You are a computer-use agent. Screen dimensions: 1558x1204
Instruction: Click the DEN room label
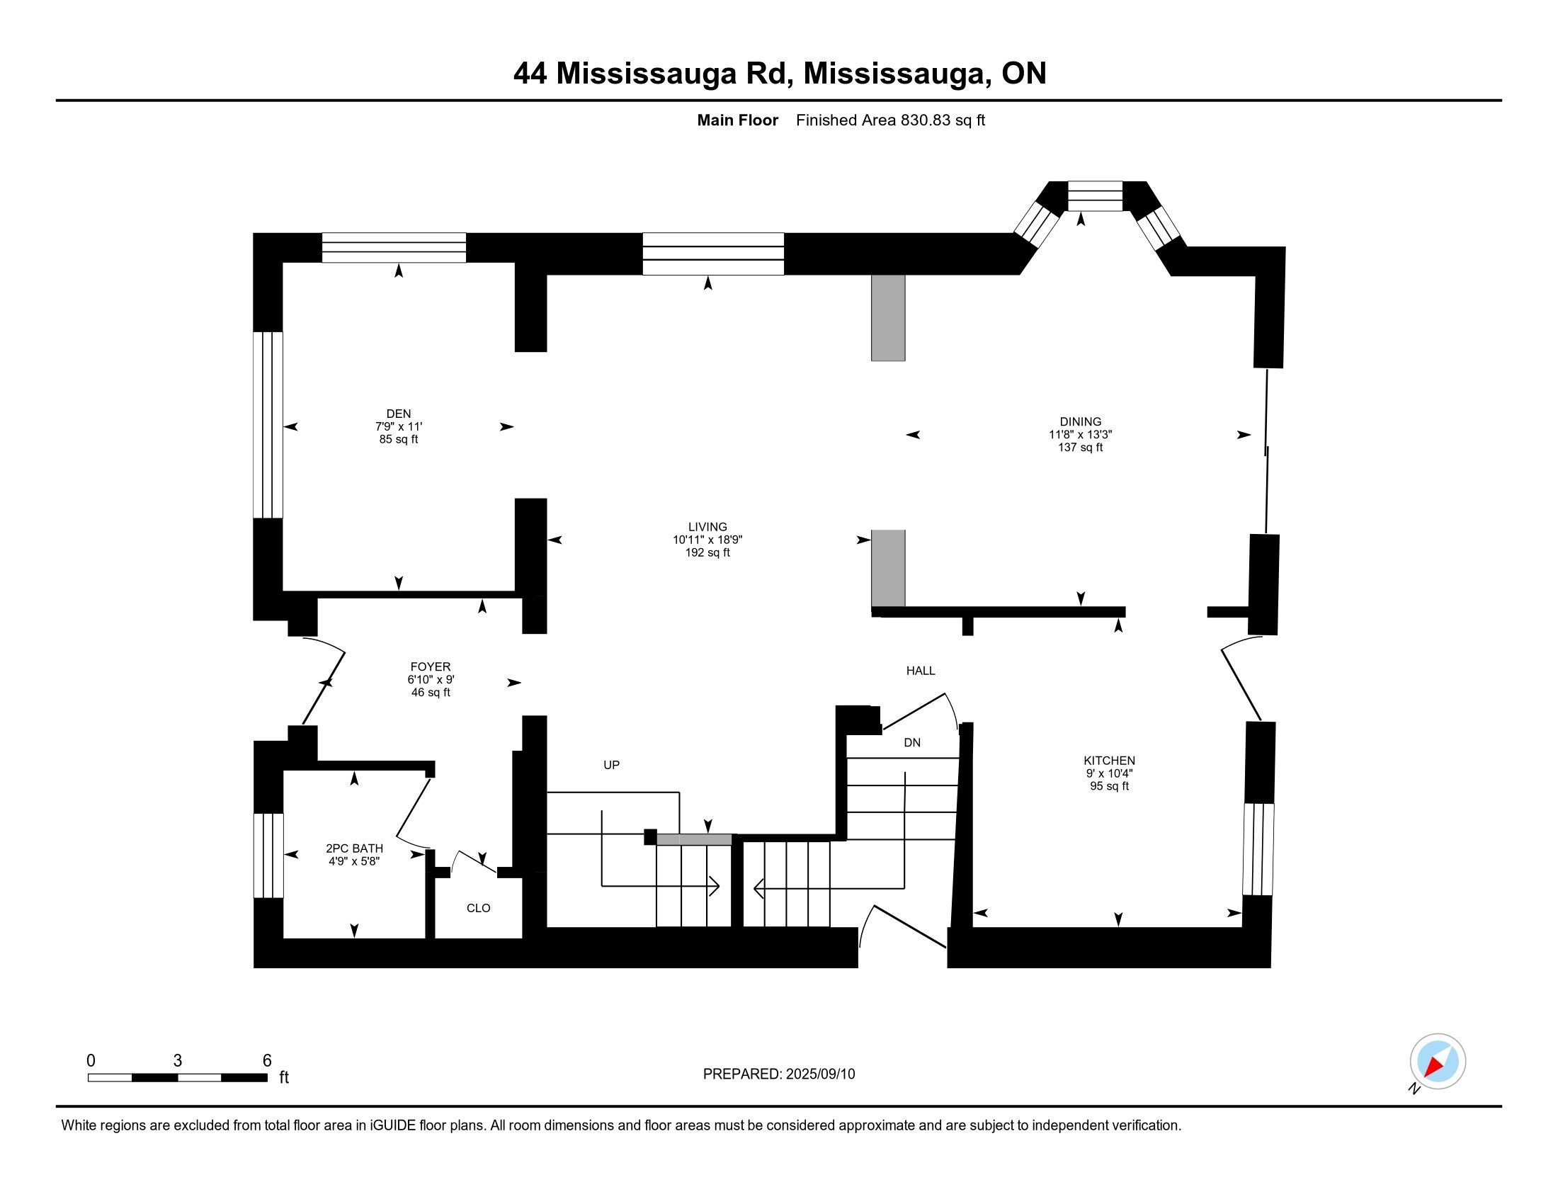coord(399,414)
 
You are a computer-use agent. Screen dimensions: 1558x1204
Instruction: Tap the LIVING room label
coord(707,527)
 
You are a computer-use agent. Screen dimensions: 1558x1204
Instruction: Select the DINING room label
coord(1080,421)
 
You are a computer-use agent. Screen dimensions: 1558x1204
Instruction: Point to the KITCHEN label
coord(1109,761)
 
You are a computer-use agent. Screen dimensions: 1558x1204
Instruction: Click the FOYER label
coord(430,667)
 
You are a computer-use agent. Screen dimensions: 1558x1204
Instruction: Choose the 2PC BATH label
coord(355,848)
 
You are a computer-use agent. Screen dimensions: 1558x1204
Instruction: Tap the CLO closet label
coord(479,908)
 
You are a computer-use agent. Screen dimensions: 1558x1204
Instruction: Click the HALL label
coord(920,671)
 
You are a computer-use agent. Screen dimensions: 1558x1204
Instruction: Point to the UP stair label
coord(611,765)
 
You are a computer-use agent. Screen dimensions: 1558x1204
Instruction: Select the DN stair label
coord(911,742)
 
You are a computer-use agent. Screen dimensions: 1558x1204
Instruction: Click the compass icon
coord(1438,1062)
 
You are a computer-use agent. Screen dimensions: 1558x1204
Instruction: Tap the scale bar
coord(178,1077)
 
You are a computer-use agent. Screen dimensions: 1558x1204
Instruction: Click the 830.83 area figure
coord(926,120)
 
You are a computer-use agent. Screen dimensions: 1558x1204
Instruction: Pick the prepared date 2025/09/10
coord(819,1074)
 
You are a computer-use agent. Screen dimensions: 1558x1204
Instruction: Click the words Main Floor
coord(738,120)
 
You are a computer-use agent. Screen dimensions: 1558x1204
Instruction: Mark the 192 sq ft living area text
coord(707,553)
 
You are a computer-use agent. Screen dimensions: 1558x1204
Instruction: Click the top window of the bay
coord(1095,196)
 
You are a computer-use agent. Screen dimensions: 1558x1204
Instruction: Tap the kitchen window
coord(1258,848)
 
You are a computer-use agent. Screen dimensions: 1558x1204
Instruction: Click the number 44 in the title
coord(530,74)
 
